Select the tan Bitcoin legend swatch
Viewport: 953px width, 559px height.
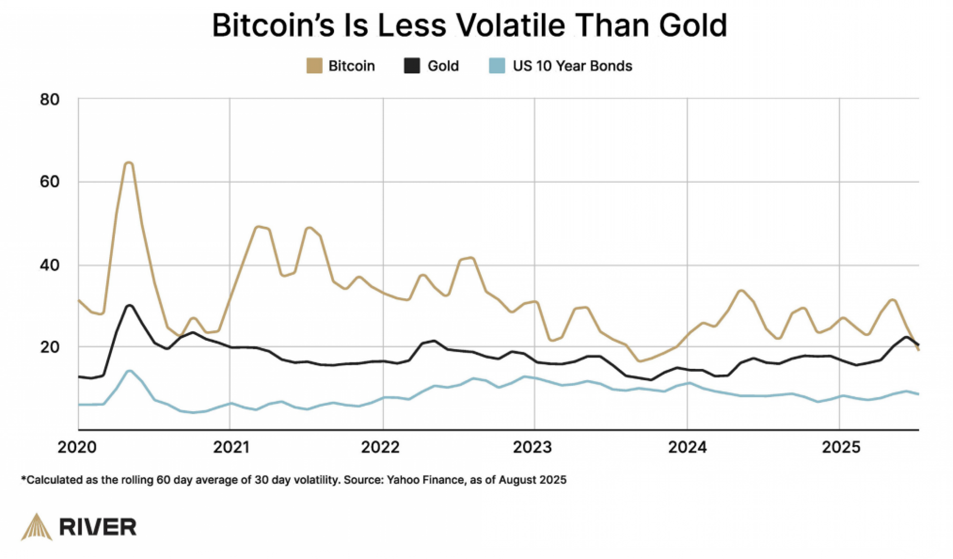314,66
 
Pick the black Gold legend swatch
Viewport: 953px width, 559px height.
412,66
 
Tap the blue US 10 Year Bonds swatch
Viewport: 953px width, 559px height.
497,66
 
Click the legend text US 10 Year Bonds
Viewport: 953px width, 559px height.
572,66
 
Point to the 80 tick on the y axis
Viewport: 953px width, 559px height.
50,100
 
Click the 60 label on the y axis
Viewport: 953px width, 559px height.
50,182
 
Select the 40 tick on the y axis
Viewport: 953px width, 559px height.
50,265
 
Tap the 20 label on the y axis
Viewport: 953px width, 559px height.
50,347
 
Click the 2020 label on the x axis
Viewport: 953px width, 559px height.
77,447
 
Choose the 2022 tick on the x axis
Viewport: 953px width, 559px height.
380,447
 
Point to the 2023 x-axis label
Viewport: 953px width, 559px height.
532,447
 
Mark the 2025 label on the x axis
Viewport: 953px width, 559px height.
841,447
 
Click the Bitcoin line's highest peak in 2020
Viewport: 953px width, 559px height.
128,163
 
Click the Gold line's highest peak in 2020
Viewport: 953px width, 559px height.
129,305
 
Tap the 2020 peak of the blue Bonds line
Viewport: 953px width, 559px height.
129,371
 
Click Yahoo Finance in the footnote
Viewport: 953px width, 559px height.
426,480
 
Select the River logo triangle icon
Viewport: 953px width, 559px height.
37,527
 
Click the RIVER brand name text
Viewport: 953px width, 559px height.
98,528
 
